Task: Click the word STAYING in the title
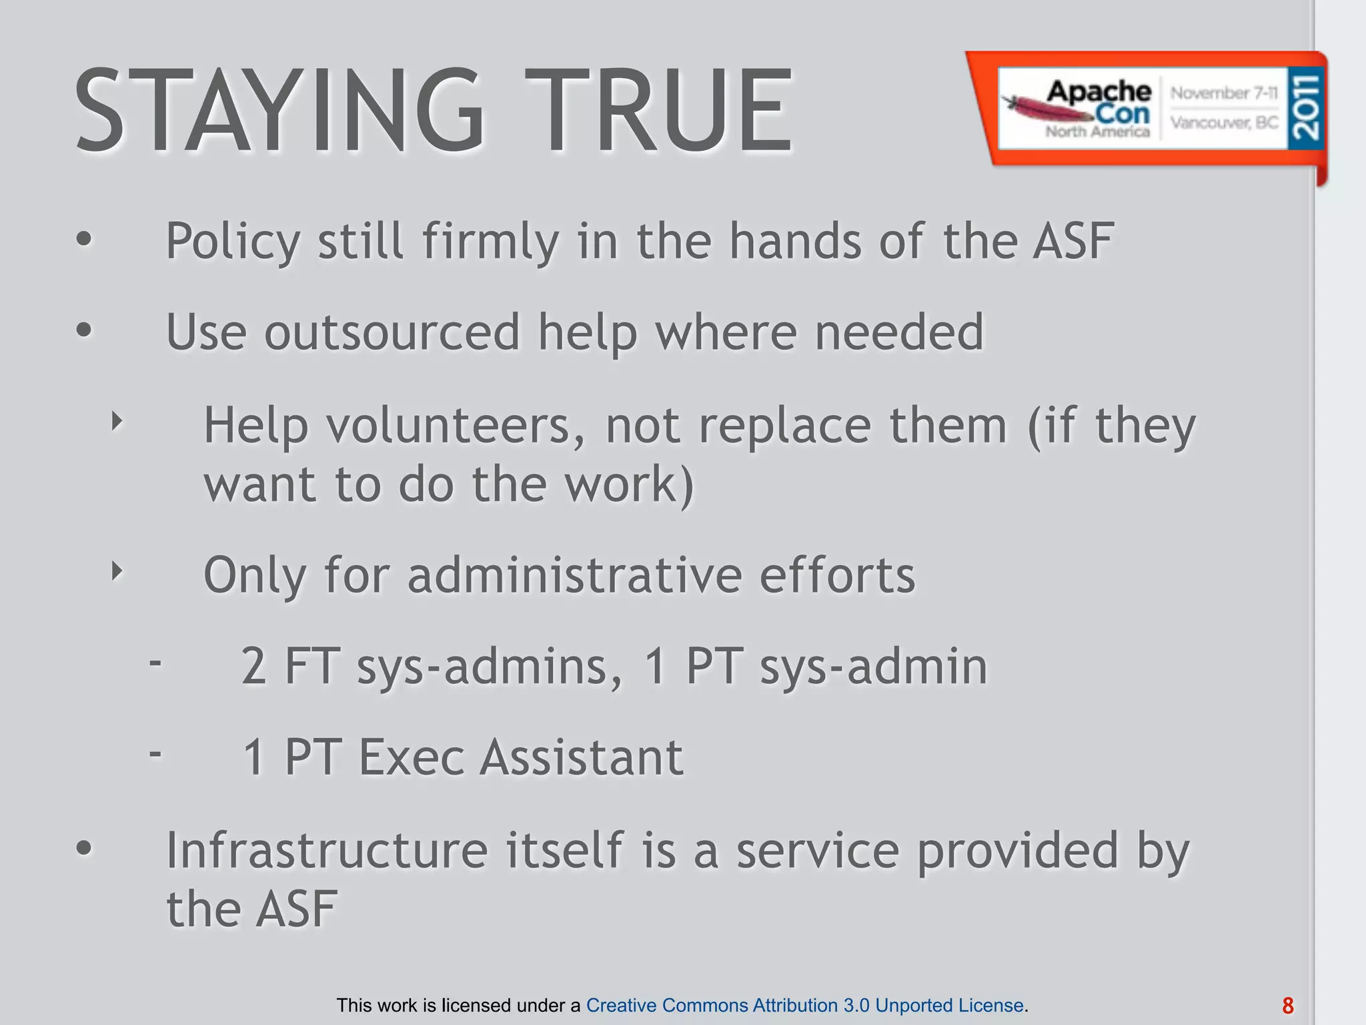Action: pos(280,111)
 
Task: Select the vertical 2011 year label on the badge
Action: pos(1305,107)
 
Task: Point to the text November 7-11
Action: pos(1224,93)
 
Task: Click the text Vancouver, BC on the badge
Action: pos(1224,123)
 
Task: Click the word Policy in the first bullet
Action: pos(233,242)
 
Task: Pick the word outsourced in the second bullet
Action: pos(392,332)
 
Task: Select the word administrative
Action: pos(574,575)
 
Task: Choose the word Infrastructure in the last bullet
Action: pos(327,850)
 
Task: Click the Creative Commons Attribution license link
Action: pos(804,1005)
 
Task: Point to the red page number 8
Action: pos(1288,1006)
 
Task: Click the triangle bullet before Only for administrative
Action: pos(117,571)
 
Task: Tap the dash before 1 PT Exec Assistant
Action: pos(155,754)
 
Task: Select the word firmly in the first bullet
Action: pos(490,242)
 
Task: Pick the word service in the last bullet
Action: pos(818,850)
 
